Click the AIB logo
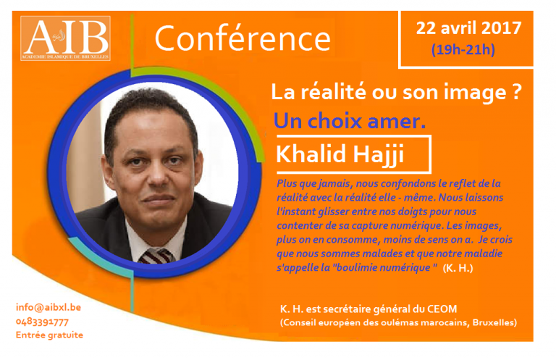66,38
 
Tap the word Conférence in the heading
243,38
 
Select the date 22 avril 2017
468,28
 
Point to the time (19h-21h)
463,49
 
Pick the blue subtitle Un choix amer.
350,121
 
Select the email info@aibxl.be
49,307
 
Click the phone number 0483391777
42,322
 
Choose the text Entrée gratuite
50,335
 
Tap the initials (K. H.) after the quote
458,268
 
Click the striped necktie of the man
156,256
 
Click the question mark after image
517,91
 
